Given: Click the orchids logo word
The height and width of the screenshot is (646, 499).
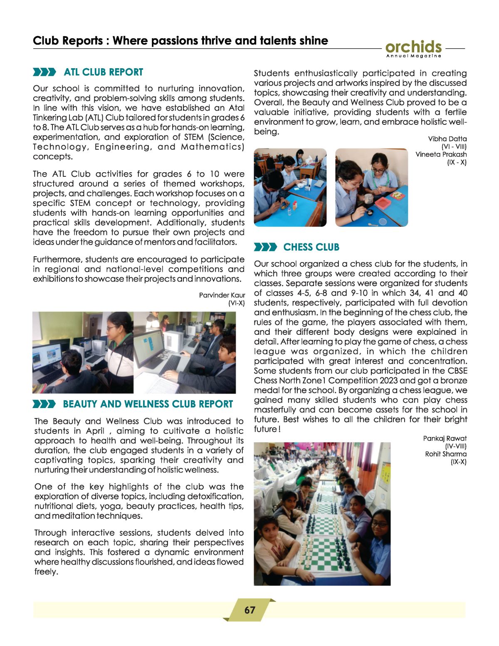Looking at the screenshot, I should (413, 47).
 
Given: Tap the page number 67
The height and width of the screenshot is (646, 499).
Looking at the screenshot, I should (249, 610).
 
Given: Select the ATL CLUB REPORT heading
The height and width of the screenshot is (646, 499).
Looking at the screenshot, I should (103, 72).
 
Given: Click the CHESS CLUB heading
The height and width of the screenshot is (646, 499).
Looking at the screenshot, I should (311, 248).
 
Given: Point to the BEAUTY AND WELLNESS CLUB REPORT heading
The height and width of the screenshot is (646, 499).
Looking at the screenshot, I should (148, 404).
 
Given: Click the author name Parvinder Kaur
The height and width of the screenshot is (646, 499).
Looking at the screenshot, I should (222, 295).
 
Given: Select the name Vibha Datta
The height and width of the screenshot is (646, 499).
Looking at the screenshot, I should (447, 139).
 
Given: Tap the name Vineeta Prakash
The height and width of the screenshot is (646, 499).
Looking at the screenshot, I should (441, 154).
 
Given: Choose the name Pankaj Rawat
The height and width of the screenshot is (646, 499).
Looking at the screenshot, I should (445, 438).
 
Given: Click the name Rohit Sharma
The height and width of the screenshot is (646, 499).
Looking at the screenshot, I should (445, 454).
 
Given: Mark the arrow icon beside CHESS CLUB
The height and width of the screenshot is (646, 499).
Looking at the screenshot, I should (265, 248).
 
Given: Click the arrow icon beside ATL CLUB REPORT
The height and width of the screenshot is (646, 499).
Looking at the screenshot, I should (44, 72).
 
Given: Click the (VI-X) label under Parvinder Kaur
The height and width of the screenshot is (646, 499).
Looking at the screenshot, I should (236, 303).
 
